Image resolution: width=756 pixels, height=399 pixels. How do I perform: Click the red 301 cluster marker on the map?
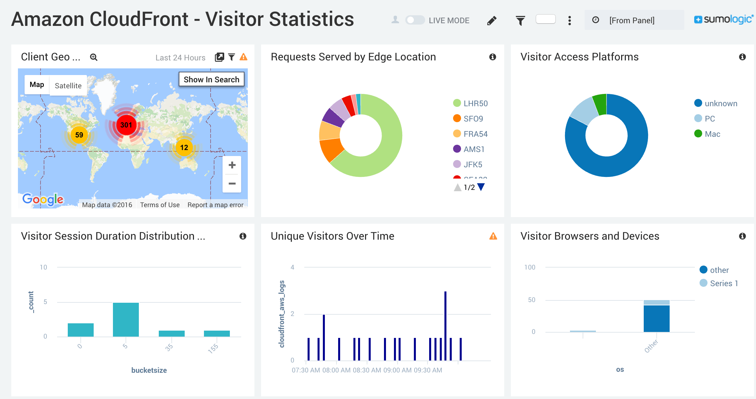(126, 125)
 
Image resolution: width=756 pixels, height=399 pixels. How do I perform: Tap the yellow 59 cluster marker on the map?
(79, 135)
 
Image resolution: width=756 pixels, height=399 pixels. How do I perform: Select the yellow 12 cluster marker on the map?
(184, 147)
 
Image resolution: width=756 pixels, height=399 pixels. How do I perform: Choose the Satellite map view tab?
(68, 86)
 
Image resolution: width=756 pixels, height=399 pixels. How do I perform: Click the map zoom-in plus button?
(232, 165)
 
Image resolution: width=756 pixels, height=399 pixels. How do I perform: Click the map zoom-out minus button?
(232, 183)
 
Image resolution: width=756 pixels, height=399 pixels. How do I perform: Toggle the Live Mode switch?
(415, 20)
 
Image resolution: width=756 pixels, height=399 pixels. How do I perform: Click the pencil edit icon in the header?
(492, 21)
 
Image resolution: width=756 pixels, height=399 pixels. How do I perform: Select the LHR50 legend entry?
(475, 104)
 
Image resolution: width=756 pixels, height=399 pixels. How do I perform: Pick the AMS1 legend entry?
(474, 149)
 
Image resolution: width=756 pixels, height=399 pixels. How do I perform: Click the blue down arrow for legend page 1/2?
(481, 187)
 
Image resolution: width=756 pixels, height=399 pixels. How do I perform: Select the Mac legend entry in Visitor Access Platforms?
(712, 134)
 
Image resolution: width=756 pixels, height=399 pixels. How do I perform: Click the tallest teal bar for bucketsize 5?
(126, 319)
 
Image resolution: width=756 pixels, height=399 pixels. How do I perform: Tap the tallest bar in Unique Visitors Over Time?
(445, 325)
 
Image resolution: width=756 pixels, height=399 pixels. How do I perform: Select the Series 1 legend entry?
(723, 283)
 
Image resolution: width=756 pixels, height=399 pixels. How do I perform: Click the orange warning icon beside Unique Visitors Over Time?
(493, 236)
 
